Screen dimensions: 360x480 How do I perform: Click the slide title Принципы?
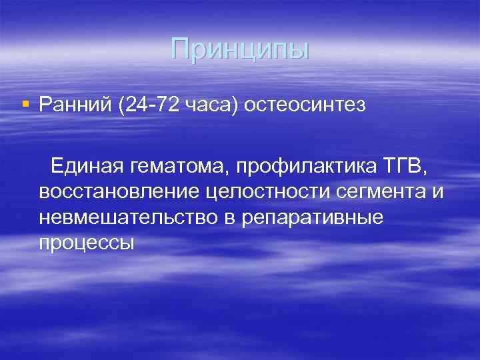tap(240, 49)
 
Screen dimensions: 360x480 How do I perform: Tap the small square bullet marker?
tap(25, 103)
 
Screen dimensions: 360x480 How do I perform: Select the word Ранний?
tap(75, 105)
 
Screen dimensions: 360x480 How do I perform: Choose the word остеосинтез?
tap(306, 105)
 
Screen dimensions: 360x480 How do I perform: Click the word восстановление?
tap(118, 192)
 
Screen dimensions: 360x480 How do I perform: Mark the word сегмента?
tap(380, 192)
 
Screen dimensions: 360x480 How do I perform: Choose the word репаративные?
tap(316, 218)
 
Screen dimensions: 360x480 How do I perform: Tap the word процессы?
tap(87, 243)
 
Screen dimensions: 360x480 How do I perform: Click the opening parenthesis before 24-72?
tap(121, 105)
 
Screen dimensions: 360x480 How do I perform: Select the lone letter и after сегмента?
tap(437, 193)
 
